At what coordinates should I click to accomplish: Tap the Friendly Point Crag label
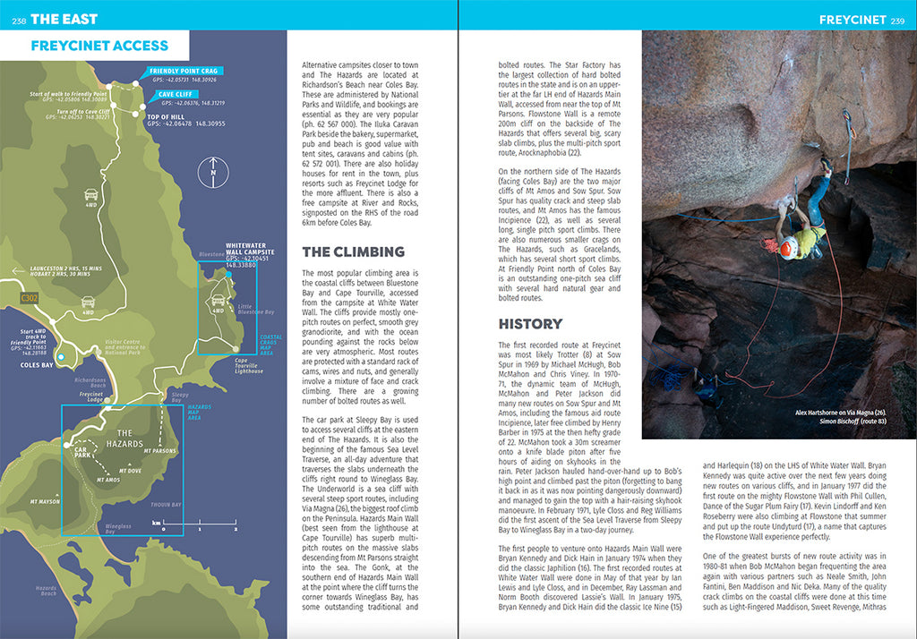[x=183, y=71]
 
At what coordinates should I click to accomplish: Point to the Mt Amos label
[x=107, y=481]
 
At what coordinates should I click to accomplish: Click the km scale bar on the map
[x=183, y=529]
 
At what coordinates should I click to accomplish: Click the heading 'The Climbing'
[x=353, y=251]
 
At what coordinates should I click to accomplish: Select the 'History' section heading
[x=530, y=323]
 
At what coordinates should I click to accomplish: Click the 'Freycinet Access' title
[x=99, y=46]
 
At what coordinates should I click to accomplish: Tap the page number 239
[x=897, y=20]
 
